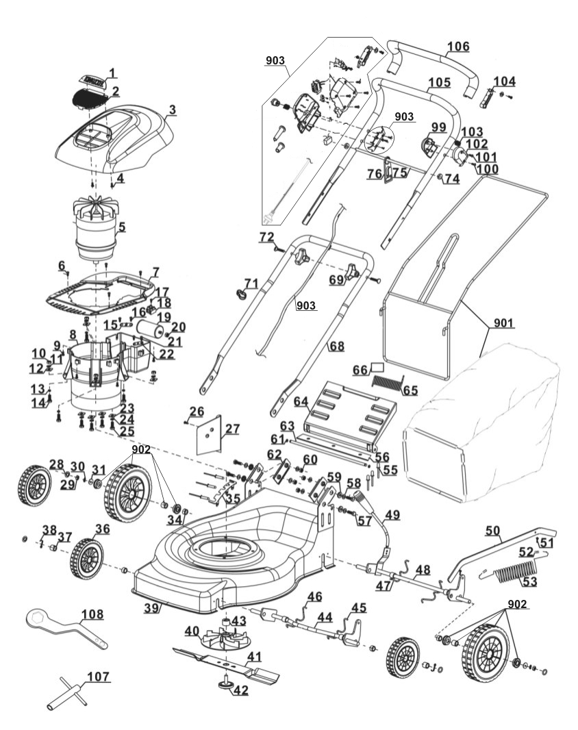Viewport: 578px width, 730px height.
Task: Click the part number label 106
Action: click(x=458, y=47)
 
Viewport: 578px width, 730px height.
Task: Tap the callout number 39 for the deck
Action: click(x=151, y=607)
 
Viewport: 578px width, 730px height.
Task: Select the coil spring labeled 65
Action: click(x=388, y=382)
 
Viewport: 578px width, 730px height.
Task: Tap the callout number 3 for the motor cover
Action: click(x=172, y=109)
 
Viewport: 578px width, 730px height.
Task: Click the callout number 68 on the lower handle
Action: click(x=337, y=347)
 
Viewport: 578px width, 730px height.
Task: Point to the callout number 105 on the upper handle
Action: click(x=439, y=83)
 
